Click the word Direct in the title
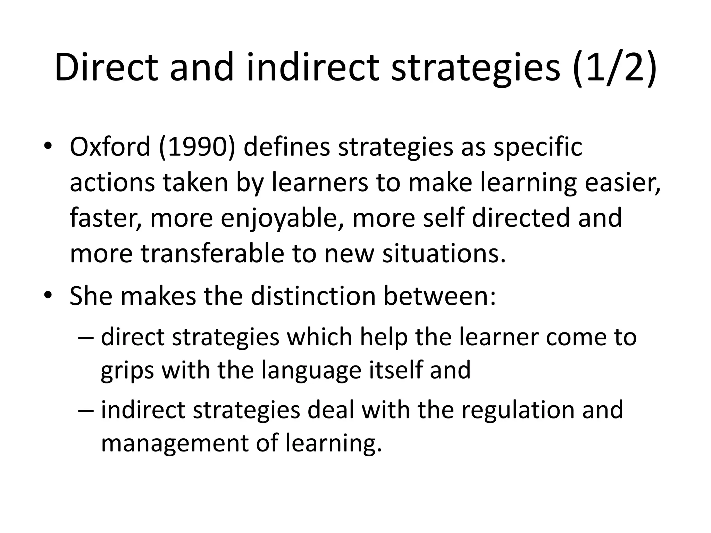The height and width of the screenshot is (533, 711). tap(106, 68)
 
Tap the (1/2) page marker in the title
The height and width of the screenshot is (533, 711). tap(614, 68)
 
